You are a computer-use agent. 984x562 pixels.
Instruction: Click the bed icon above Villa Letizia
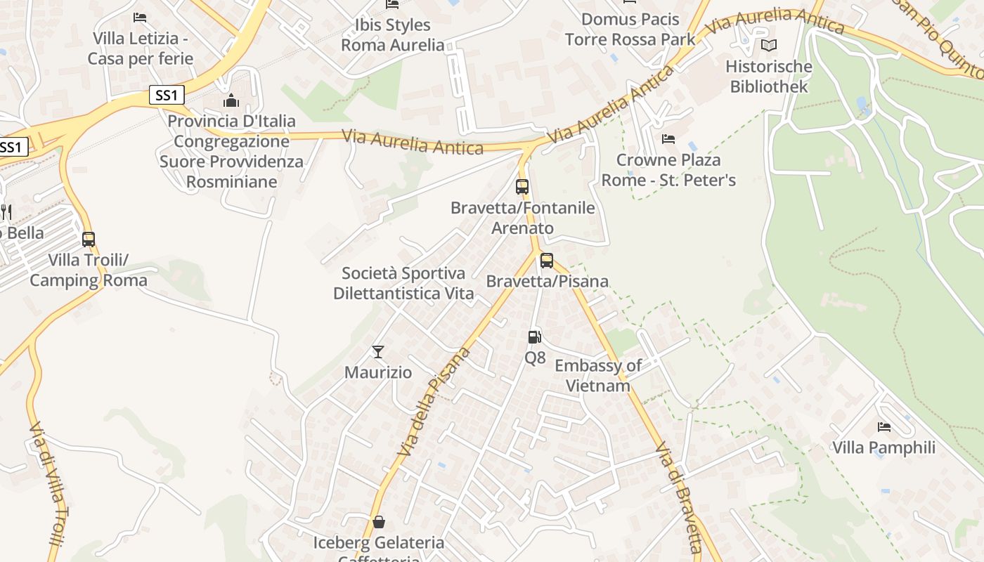click(x=140, y=17)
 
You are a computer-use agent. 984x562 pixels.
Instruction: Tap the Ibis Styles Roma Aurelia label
click(x=393, y=35)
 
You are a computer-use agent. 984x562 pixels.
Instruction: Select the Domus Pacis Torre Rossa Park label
click(x=630, y=30)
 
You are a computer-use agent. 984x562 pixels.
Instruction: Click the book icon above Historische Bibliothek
click(x=769, y=46)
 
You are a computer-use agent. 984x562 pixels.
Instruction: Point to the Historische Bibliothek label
click(x=769, y=77)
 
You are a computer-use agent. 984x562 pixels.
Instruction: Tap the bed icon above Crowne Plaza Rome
click(x=668, y=139)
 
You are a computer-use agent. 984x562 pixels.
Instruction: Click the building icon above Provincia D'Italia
click(x=231, y=101)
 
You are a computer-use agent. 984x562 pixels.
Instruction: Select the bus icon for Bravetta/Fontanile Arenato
click(x=522, y=187)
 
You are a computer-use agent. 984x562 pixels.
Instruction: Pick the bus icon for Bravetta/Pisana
click(x=547, y=261)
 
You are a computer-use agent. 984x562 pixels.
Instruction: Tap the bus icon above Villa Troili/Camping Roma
click(x=89, y=239)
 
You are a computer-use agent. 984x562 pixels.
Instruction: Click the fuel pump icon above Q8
click(x=535, y=337)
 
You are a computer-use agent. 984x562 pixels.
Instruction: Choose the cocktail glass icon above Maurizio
click(x=378, y=351)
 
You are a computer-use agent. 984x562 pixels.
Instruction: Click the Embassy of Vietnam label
click(x=598, y=375)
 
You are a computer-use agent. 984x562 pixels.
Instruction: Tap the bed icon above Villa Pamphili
click(x=883, y=427)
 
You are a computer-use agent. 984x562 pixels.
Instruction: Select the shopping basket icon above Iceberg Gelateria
click(x=379, y=521)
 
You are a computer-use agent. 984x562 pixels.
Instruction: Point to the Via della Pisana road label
click(x=434, y=402)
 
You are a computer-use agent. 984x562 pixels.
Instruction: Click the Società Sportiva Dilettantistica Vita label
click(x=403, y=283)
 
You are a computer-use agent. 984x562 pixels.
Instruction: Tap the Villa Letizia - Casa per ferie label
click(x=141, y=48)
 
